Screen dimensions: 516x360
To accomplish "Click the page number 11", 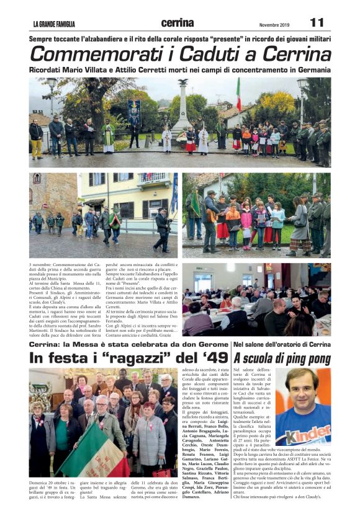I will click(317, 23).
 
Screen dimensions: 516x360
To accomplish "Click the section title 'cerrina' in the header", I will click(177, 23).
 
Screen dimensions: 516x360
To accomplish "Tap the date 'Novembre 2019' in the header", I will click(274, 25).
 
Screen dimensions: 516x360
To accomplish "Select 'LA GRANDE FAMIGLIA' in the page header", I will click(54, 25).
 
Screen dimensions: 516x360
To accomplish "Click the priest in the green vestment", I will click(109, 135).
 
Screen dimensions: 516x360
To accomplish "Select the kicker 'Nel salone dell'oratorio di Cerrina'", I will click(282, 344).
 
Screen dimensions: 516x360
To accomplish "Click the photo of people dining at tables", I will click(256, 299).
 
